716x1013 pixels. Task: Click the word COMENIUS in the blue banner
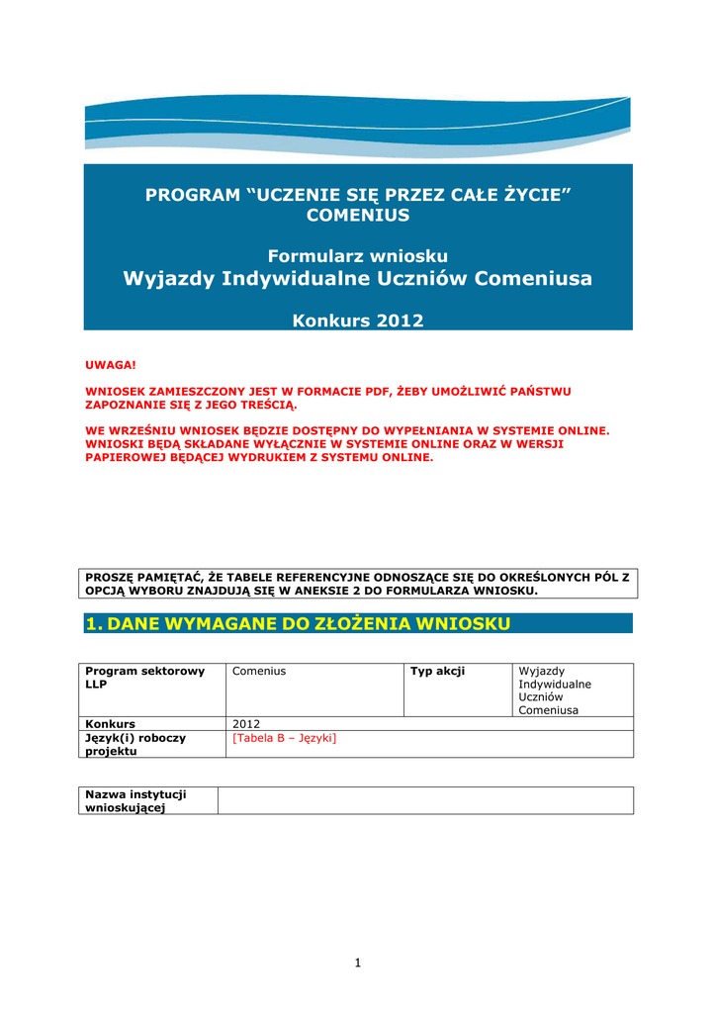358,216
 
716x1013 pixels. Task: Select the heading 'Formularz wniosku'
358,256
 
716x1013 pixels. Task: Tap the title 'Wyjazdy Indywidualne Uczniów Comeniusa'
358,279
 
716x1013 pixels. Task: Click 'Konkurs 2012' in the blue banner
358,321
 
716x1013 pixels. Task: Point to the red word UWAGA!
110,366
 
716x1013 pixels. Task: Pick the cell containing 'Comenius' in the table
259,672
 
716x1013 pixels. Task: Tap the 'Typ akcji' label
437,672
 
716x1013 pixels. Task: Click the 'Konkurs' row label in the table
111,723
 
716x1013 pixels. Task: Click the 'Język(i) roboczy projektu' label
135,744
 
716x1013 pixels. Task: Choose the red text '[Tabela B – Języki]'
284,738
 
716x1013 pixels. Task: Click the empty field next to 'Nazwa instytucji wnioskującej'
425,800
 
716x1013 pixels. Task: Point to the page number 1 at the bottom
358,963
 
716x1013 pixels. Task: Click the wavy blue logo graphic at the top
358,127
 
